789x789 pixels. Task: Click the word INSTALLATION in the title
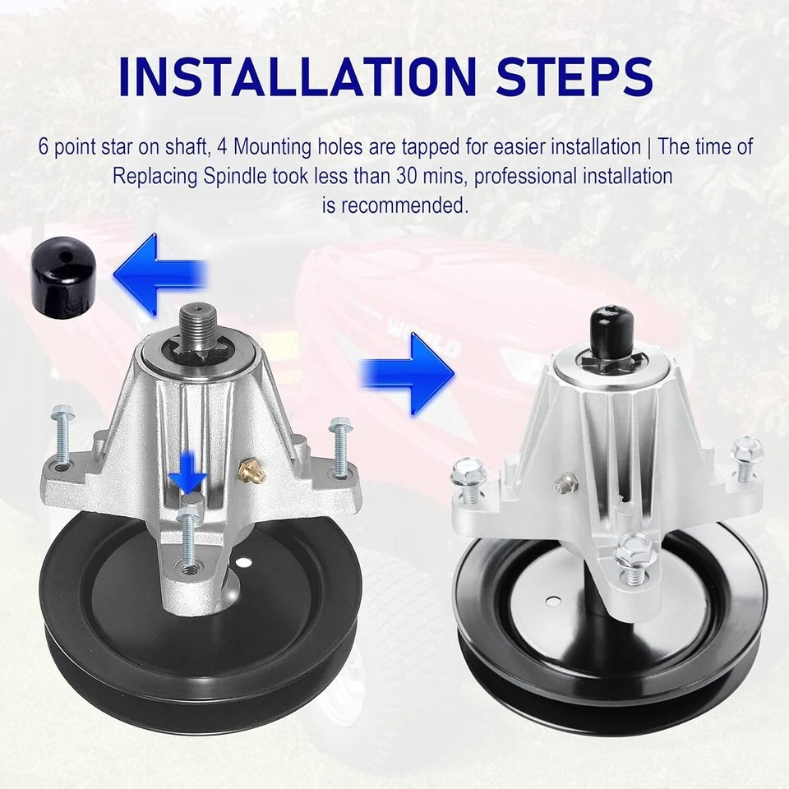298,77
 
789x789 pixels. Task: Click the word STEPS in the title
574,77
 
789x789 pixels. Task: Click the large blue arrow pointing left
160,275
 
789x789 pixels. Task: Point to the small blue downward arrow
187,472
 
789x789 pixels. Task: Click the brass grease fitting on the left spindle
247,469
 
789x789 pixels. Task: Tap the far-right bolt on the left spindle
339,445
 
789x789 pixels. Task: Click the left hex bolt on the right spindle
468,480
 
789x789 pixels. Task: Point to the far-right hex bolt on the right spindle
747,459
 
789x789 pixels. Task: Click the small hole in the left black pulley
245,561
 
